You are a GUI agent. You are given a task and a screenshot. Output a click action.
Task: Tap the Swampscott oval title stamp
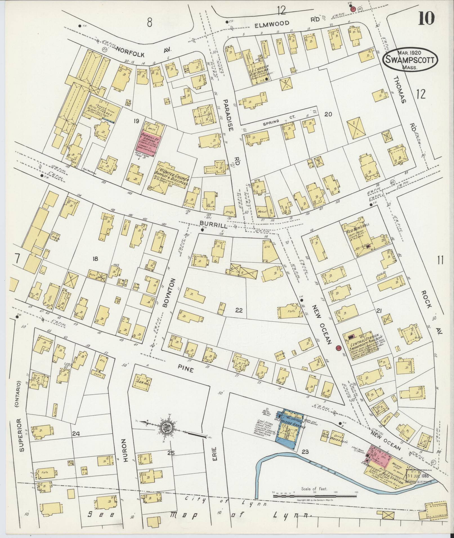click(x=406, y=60)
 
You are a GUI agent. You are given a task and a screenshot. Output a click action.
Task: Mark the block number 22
click(x=239, y=310)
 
